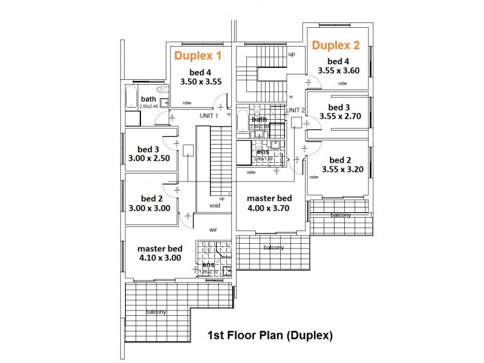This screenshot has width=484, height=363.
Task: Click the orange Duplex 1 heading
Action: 198,56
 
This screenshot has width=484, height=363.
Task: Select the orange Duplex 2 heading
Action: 336,45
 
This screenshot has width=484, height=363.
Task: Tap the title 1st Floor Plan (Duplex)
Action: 270,335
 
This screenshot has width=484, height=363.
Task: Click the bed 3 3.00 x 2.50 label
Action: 149,154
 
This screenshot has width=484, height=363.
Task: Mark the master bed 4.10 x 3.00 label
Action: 160,253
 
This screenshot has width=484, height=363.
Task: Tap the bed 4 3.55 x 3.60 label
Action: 338,66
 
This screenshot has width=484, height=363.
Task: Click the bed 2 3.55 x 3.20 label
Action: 339,165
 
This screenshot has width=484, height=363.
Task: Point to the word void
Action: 215,206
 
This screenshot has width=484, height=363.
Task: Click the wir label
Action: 213,230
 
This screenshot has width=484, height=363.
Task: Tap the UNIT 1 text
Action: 208,116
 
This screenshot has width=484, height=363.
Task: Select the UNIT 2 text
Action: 295,110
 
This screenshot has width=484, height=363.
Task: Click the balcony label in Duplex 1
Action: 155,312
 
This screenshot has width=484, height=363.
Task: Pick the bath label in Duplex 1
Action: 148,99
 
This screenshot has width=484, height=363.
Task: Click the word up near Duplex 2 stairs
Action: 292,54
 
